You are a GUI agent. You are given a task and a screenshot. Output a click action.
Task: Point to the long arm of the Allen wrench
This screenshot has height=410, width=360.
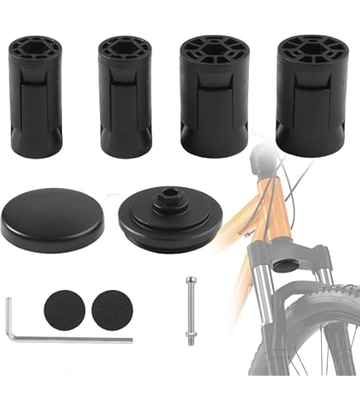pos(74,339)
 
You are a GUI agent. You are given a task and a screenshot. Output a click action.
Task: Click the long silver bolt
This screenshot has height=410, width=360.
pos(190,307)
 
